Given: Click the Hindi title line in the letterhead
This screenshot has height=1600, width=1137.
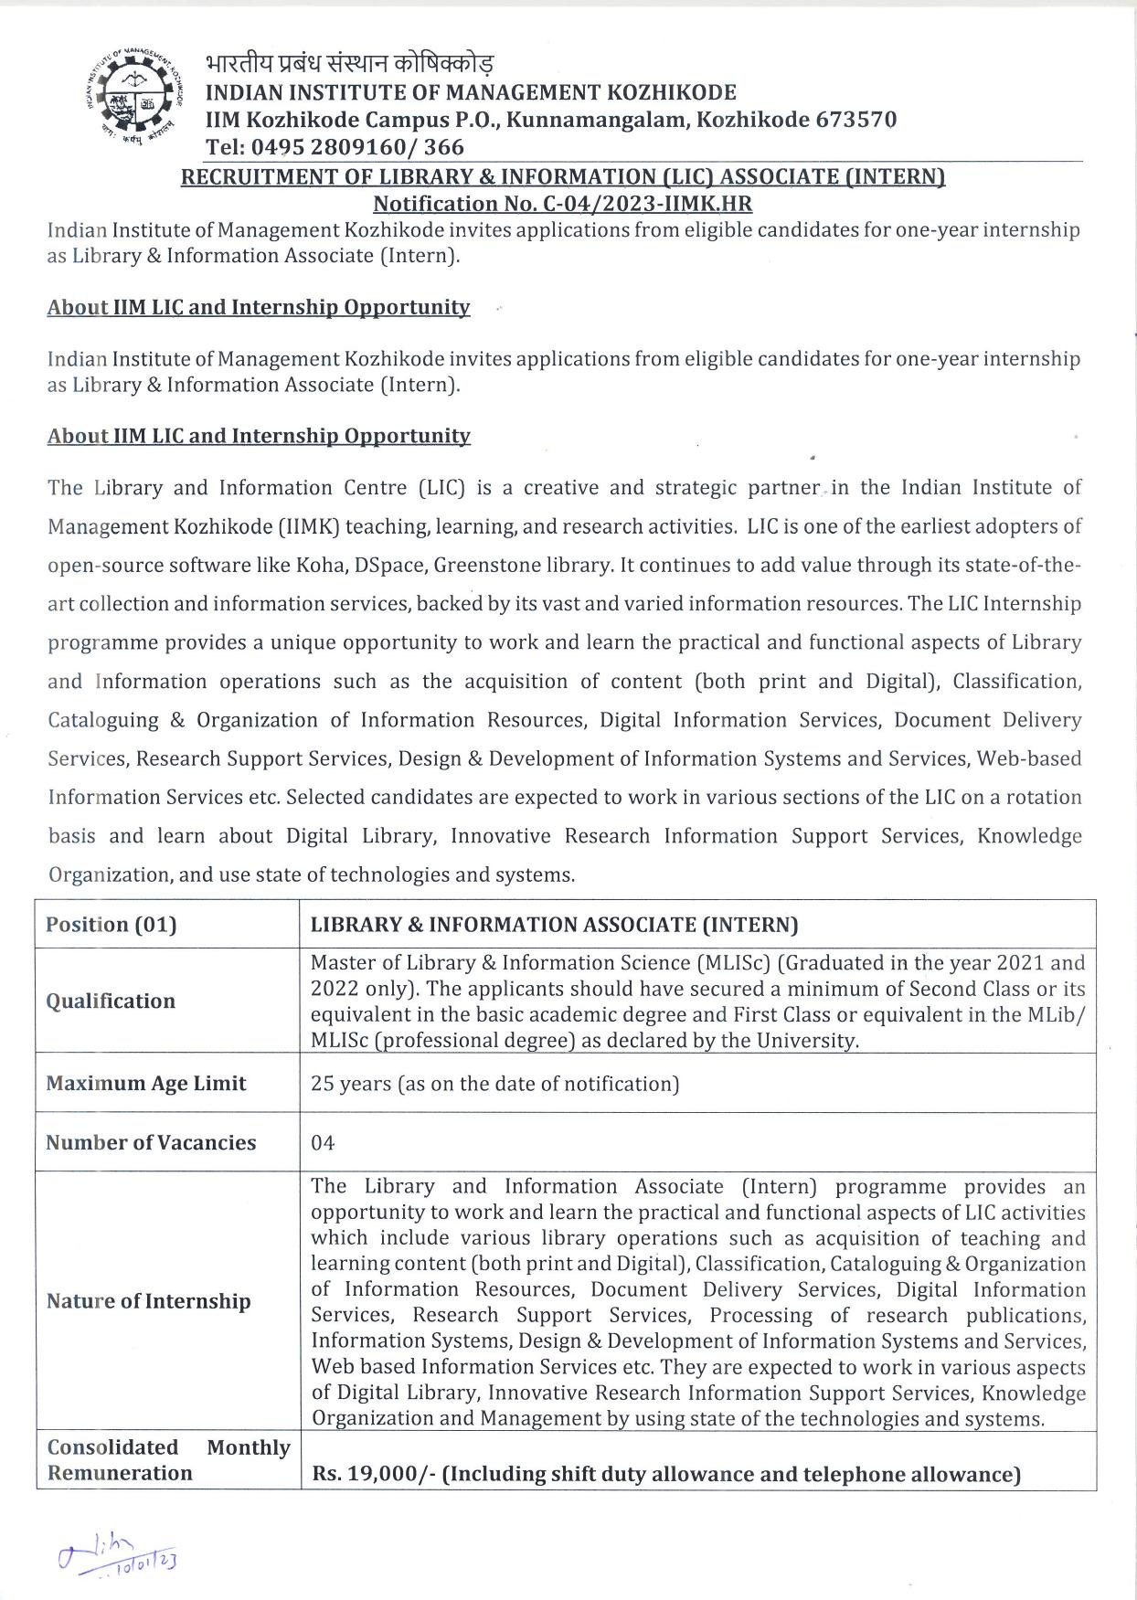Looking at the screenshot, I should (x=350, y=65).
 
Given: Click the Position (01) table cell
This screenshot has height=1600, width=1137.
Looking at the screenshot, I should (x=112, y=925).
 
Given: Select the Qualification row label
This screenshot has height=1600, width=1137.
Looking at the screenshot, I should (x=111, y=1001).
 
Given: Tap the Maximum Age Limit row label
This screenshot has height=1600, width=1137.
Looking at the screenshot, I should (x=146, y=1084).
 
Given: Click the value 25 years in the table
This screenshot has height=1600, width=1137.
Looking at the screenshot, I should (x=350, y=1084).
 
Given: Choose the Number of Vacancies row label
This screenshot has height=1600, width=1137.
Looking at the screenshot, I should (x=151, y=1142).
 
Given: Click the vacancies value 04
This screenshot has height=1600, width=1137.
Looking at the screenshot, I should (x=323, y=1143).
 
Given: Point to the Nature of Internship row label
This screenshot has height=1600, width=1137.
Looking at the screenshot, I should (x=148, y=1301).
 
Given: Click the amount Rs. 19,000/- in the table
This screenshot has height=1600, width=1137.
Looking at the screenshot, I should (x=373, y=1474).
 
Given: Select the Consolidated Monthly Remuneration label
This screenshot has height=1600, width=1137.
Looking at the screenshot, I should (x=168, y=1460).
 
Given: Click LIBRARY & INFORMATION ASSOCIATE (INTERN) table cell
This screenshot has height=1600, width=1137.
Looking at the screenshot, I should (x=554, y=925).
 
